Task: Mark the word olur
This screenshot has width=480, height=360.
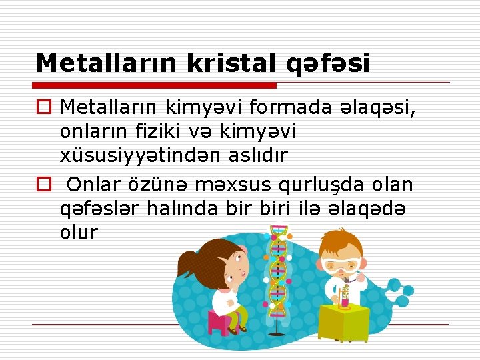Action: point(79,233)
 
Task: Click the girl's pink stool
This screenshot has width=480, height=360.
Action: point(219,323)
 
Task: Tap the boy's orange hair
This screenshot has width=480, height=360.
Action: point(340,241)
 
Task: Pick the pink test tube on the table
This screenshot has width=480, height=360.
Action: point(345,300)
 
